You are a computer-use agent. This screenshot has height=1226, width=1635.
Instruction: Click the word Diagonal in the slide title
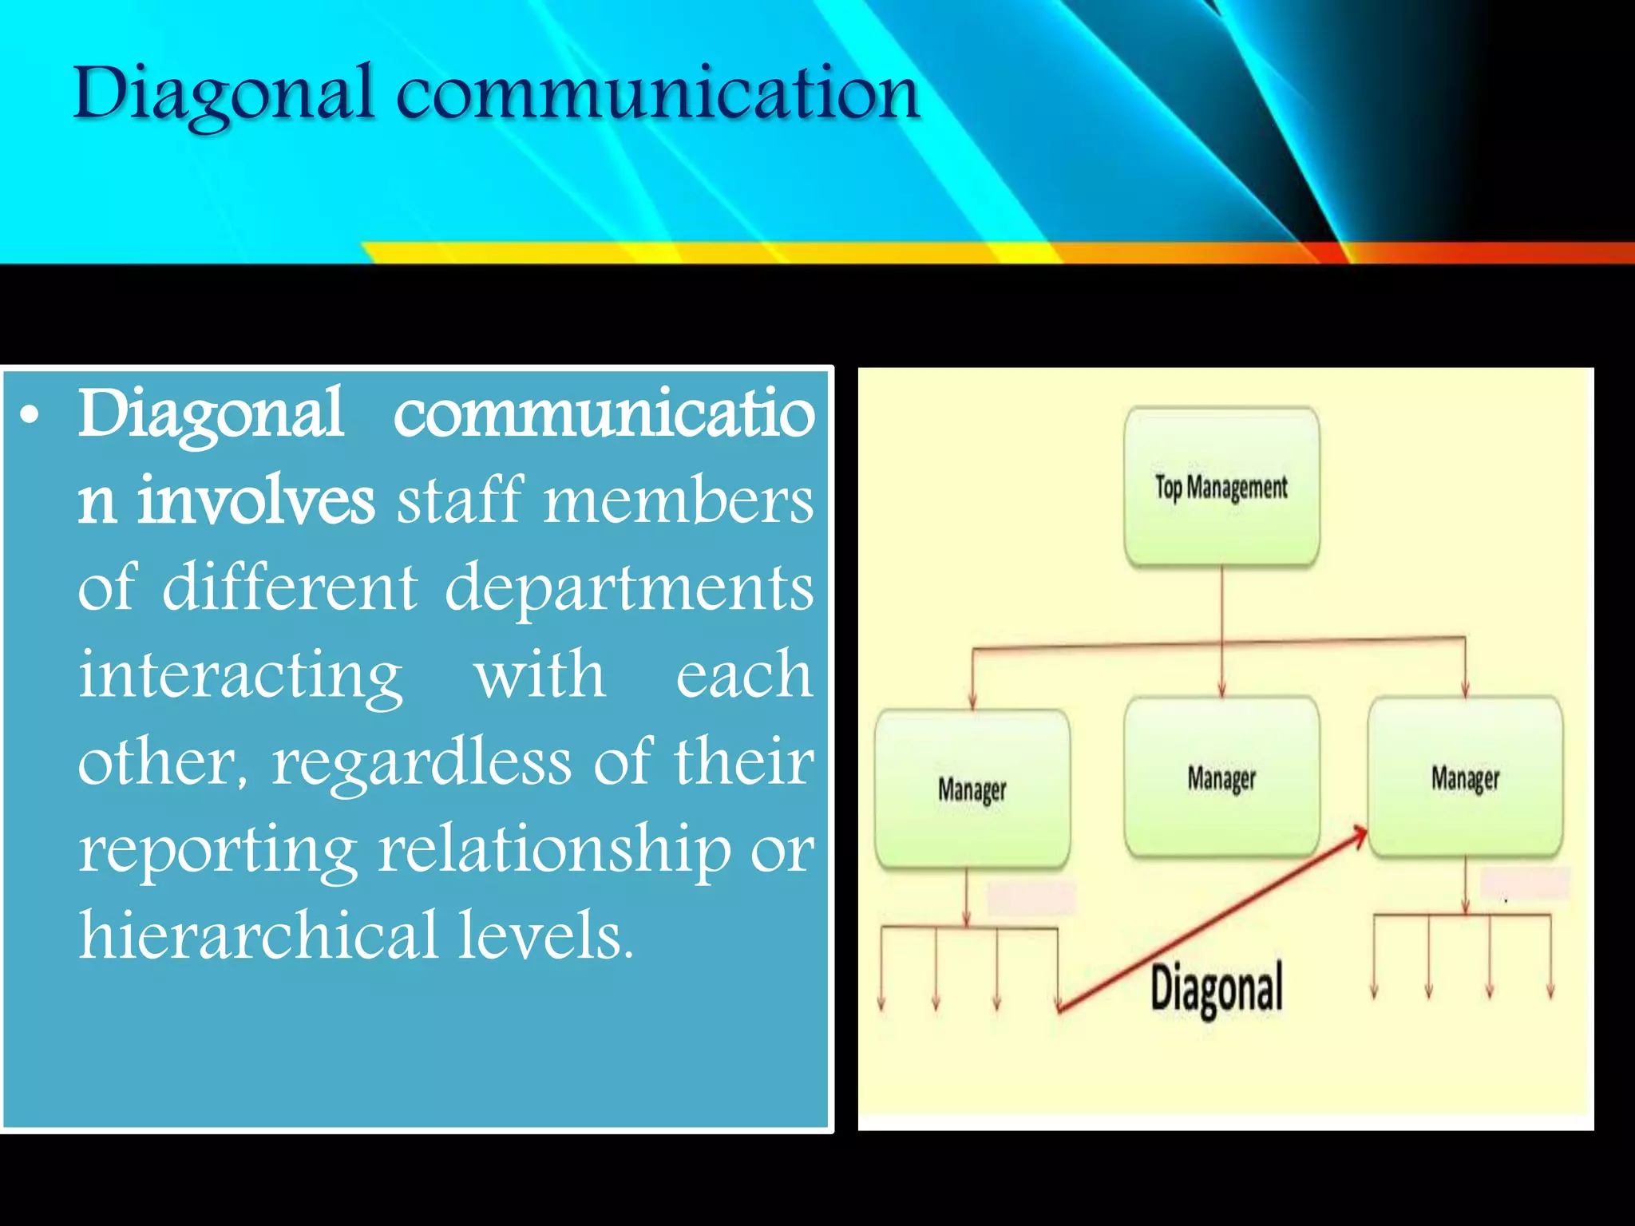(224, 94)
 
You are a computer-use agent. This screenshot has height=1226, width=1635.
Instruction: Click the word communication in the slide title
(658, 94)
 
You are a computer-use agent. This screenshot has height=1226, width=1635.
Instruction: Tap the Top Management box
(1221, 486)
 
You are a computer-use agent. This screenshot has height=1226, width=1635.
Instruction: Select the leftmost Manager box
(972, 789)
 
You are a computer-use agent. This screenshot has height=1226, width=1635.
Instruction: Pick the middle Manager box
(1221, 777)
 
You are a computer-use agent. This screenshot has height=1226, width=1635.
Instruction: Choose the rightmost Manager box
(1465, 777)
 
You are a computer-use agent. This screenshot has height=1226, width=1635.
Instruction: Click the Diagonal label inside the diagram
(1216, 988)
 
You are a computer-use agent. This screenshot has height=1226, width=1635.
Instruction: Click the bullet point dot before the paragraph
(30, 416)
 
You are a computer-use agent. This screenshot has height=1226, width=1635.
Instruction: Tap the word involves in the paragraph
(255, 500)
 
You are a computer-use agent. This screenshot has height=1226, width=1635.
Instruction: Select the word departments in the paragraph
(629, 587)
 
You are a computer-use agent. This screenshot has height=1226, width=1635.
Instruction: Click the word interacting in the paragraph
(240, 675)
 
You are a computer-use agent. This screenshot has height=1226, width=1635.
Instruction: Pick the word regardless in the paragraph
(422, 762)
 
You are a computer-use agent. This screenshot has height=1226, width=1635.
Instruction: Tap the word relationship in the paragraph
(554, 849)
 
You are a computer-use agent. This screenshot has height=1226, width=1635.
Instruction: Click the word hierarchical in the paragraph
(259, 935)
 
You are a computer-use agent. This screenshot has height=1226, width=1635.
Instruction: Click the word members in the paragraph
(679, 500)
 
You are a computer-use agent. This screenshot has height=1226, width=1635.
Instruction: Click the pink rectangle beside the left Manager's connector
(1031, 899)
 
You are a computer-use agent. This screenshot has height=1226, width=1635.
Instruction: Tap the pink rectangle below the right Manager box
(1525, 884)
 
